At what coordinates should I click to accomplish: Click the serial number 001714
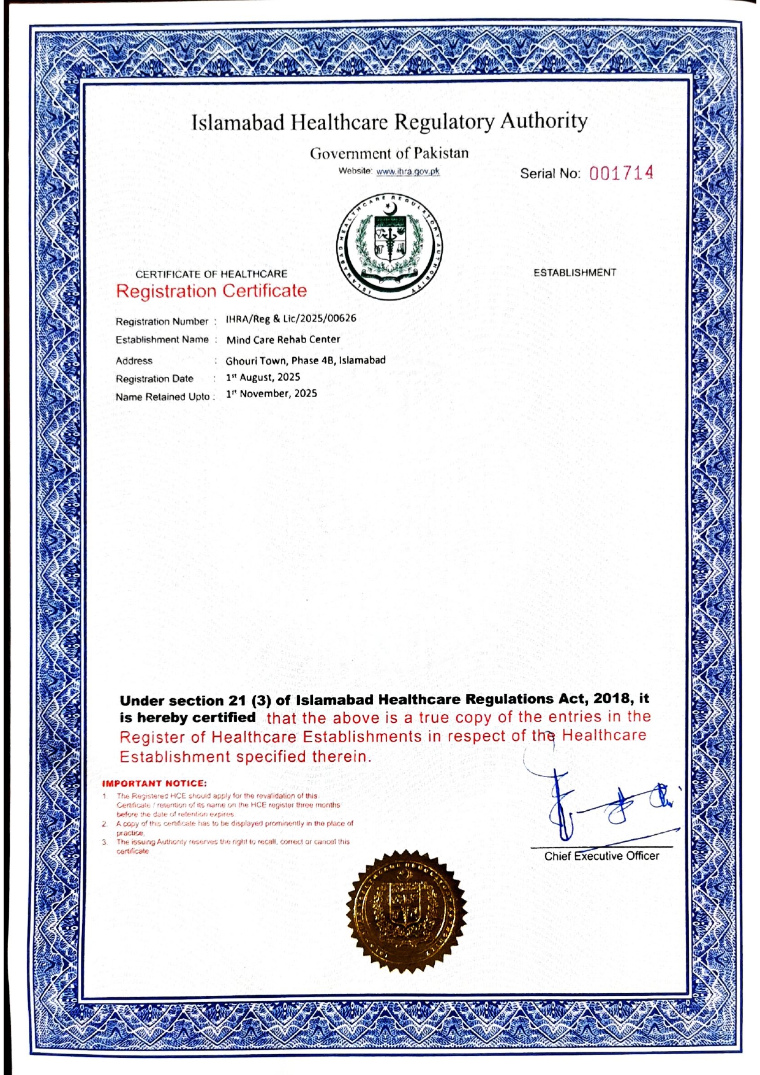click(621, 173)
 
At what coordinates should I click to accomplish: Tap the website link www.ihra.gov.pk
click(408, 172)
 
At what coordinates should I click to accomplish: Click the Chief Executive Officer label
click(601, 856)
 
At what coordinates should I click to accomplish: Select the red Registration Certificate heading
click(211, 291)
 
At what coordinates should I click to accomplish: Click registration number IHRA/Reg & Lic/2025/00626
click(291, 318)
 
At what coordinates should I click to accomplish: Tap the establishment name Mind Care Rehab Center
click(283, 340)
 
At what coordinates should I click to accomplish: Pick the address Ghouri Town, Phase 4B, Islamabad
click(306, 360)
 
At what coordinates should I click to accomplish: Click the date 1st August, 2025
click(263, 378)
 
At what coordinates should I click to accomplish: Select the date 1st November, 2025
click(271, 393)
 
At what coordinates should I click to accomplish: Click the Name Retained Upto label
click(164, 397)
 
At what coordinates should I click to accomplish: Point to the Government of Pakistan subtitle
click(389, 153)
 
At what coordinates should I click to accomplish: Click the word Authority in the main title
click(544, 121)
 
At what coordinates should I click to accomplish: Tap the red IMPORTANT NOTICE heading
click(154, 783)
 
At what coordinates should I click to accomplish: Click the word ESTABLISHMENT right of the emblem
click(574, 273)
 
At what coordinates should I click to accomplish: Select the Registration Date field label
click(154, 379)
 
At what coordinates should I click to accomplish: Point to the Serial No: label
click(550, 174)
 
